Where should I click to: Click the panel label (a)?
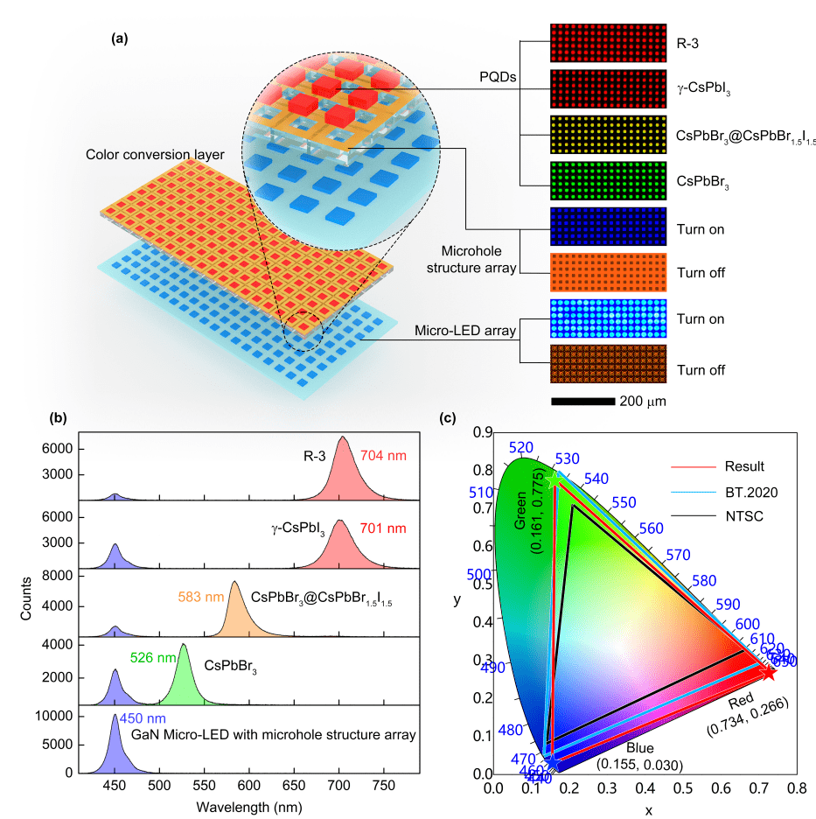tap(120, 39)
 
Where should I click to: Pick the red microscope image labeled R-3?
tap(607, 40)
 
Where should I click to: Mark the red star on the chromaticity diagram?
tap(769, 672)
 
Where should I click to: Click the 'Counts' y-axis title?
tap(27, 597)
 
